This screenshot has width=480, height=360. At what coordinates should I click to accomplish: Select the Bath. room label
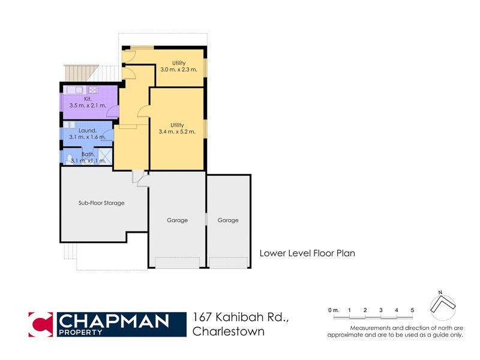click(x=88, y=154)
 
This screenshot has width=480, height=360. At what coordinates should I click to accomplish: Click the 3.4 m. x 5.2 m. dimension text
click(x=177, y=132)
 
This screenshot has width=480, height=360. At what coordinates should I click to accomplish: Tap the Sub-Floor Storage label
click(x=101, y=203)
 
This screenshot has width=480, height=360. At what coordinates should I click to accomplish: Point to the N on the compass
click(x=440, y=292)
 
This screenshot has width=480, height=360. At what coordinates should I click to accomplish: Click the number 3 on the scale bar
click(x=381, y=310)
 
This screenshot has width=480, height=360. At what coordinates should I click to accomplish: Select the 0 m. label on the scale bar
click(x=333, y=310)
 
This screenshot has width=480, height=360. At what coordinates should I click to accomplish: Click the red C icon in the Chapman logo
click(x=41, y=324)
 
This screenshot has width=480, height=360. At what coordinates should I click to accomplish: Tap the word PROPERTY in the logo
click(x=77, y=331)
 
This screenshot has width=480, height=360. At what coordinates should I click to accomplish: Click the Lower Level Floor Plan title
click(x=307, y=253)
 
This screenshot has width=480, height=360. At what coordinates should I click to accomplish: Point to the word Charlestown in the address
click(x=228, y=331)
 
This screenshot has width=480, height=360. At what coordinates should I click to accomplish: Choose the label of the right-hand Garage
click(x=228, y=220)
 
